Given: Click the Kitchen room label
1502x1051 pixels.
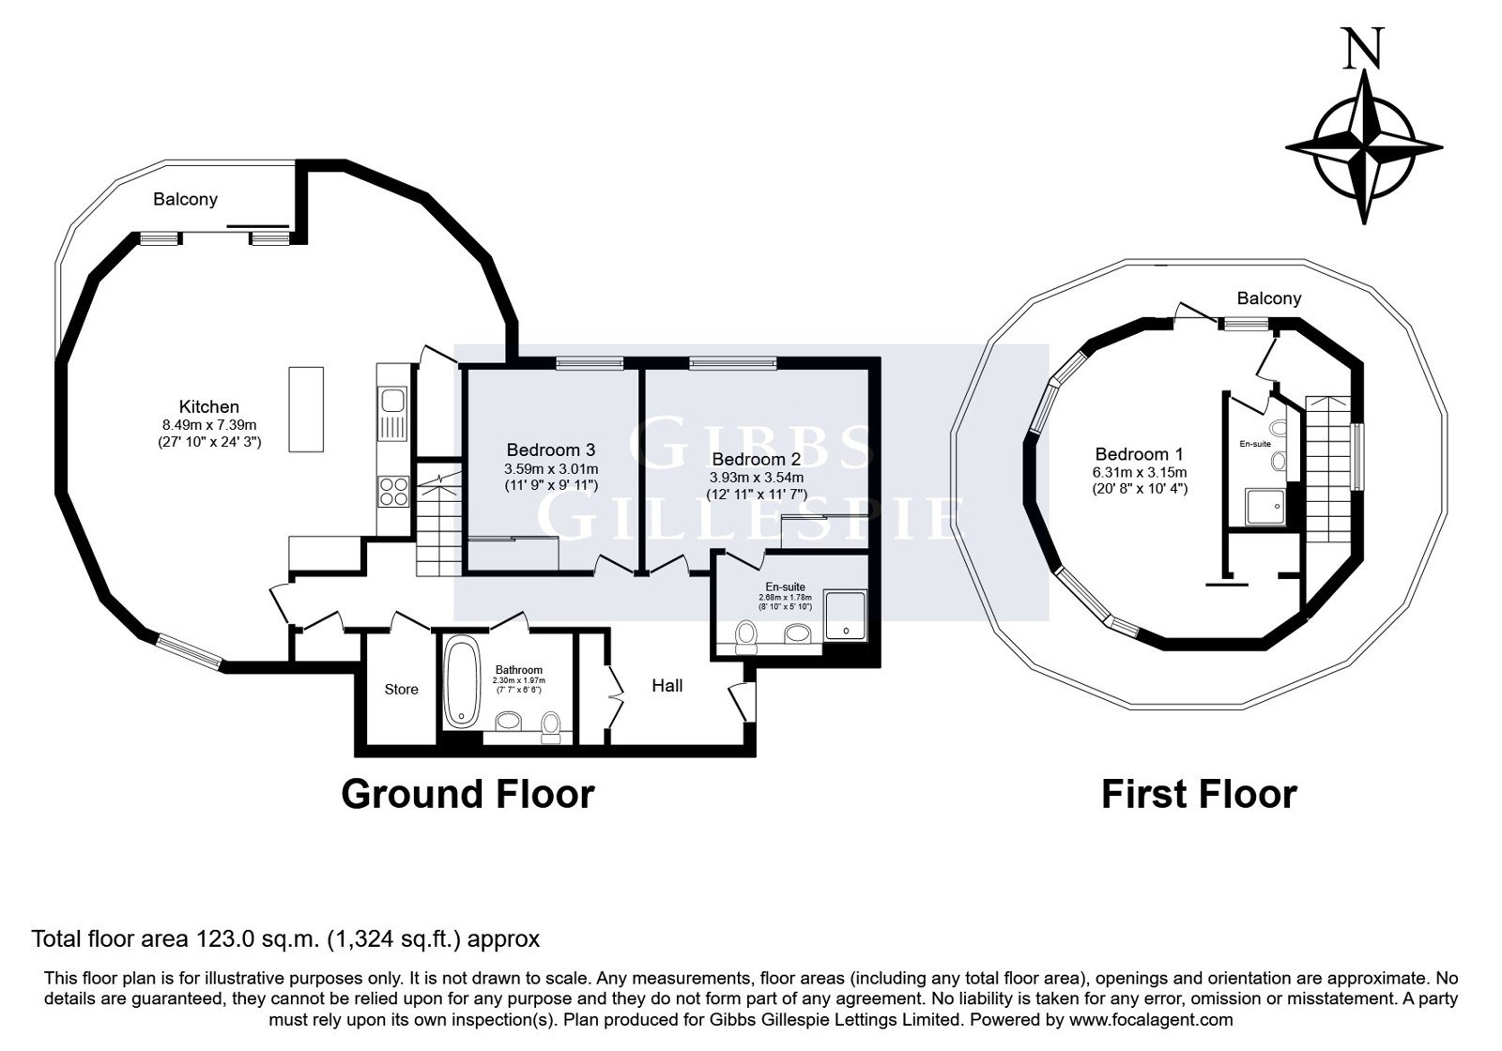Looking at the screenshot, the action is pos(209,407).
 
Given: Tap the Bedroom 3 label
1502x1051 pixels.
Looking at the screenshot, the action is pos(551,449).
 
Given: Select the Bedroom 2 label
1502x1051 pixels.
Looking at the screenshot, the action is pos(757,459).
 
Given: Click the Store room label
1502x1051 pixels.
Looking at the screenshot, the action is pos(402,690).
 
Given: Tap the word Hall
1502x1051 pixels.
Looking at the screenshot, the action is pos(667,686).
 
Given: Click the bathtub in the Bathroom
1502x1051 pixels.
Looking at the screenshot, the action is pos(462,684).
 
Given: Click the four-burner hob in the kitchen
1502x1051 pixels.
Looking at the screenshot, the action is pos(394,491).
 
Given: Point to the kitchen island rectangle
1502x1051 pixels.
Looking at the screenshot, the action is pos(306,409).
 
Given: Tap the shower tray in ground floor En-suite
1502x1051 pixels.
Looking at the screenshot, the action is pos(845,615).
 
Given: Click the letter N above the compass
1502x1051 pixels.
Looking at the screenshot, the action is pos(1364,48).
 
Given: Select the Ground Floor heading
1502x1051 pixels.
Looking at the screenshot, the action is pos(468,794).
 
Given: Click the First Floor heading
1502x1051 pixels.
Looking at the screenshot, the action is pos(1199,794).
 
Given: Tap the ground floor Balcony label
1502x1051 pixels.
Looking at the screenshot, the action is pos(186,200).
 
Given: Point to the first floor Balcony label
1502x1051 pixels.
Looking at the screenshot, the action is pos(1269,298).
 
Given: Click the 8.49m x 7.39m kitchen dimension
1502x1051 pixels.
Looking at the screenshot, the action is pos(209,425).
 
